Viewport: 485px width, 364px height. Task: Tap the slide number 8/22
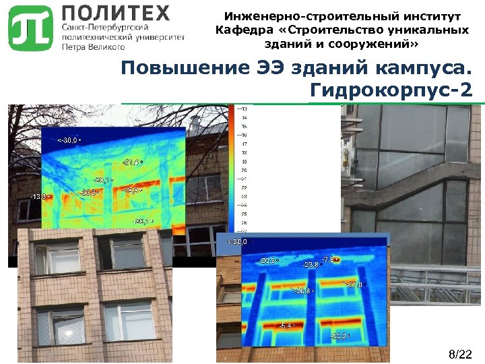point(461,354)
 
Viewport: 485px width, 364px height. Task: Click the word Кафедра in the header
point(246,30)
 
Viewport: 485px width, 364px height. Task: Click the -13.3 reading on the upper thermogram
point(38,196)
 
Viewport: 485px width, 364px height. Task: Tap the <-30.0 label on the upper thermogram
point(68,140)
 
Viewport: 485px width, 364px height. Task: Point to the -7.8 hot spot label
point(329,260)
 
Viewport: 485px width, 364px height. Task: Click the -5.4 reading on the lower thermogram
point(286,325)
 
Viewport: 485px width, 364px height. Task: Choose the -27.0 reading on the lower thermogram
point(354,284)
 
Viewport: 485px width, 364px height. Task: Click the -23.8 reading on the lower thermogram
point(311,265)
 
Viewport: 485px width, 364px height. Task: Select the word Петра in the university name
point(74,47)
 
